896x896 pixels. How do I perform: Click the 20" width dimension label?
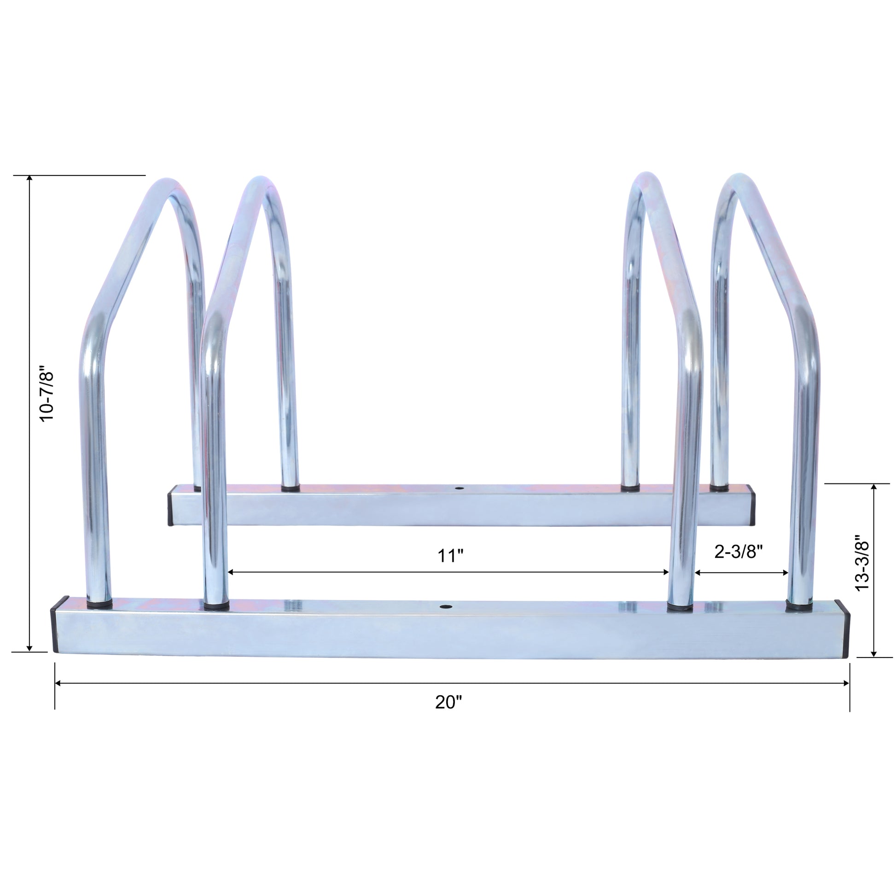(448, 703)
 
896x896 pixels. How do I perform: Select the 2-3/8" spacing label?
(739, 552)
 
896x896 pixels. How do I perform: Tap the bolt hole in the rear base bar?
(459, 489)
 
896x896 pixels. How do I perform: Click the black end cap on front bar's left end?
(55, 625)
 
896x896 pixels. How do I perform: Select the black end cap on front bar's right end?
(844, 629)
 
